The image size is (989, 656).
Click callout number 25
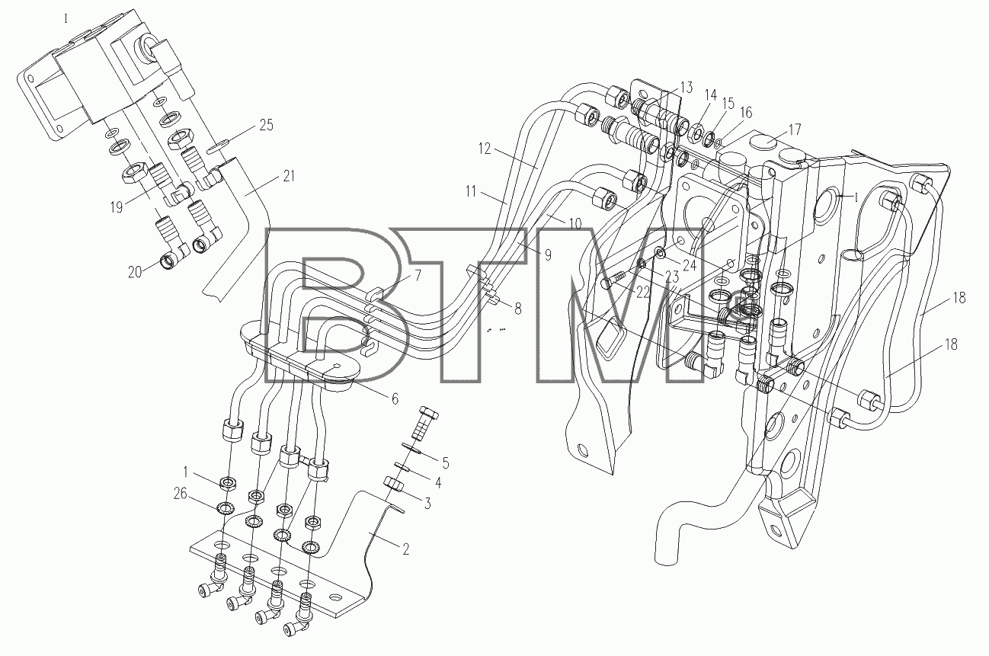[x=266, y=126]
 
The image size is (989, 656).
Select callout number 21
[x=288, y=177]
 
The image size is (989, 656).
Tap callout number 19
[x=116, y=207]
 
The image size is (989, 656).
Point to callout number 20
[x=135, y=272]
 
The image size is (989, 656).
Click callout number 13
[x=686, y=88]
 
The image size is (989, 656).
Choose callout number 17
[x=795, y=130]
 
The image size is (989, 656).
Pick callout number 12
[x=485, y=149]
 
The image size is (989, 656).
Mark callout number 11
[x=471, y=191]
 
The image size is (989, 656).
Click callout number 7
[x=418, y=276]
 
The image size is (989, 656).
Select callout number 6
[x=395, y=399]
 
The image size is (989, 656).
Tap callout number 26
[x=180, y=494]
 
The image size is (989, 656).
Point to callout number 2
[x=405, y=549]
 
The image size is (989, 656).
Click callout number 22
[x=643, y=293]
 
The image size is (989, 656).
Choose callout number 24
[x=690, y=265]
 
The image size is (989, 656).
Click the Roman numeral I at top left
[x=66, y=19]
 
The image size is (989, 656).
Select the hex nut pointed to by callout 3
[x=394, y=483]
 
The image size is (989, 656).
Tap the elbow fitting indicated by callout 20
[x=174, y=258]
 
